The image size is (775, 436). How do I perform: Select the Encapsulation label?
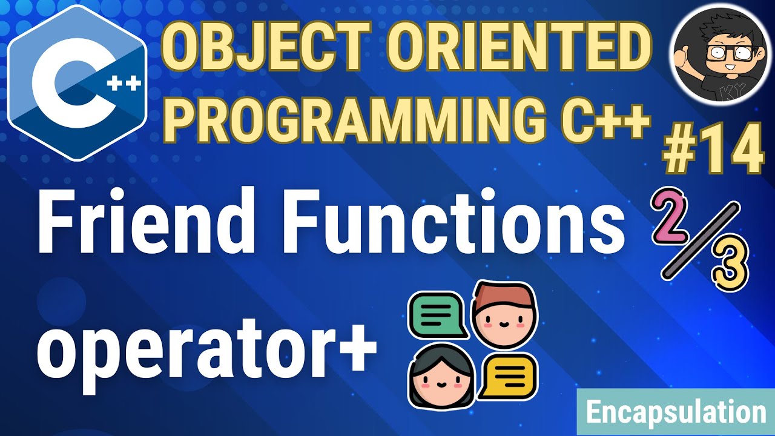(676, 413)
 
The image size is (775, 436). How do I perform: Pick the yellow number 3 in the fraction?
(730, 265)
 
